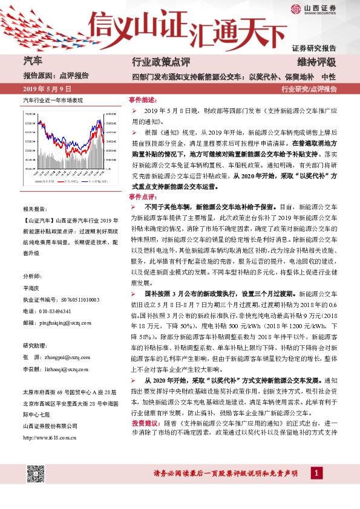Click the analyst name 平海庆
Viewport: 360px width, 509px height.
pyautogui.click(x=31, y=290)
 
